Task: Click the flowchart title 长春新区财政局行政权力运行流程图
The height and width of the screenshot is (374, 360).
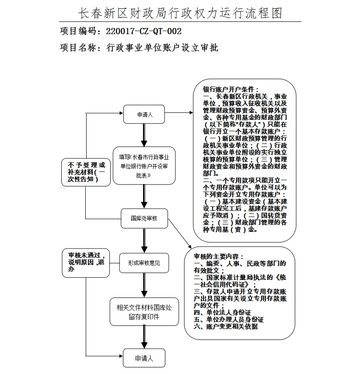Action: click(180, 13)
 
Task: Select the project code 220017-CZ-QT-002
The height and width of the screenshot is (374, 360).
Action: click(144, 31)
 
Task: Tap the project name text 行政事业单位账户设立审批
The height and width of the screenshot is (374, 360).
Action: click(162, 48)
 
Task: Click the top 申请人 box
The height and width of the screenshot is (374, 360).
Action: click(144, 115)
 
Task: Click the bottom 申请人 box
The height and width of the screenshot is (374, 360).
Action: click(144, 358)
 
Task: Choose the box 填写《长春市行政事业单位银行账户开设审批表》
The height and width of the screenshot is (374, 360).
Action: click(144, 165)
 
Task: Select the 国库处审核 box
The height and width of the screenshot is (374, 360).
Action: click(144, 218)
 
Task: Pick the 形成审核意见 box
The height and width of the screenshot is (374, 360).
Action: click(144, 263)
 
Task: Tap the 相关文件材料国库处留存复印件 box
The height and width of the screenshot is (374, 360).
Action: click(144, 312)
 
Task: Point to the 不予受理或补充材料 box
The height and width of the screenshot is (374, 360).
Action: click(86, 172)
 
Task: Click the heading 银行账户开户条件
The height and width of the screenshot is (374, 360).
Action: click(234, 90)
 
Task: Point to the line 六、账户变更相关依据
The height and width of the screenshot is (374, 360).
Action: click(226, 326)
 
